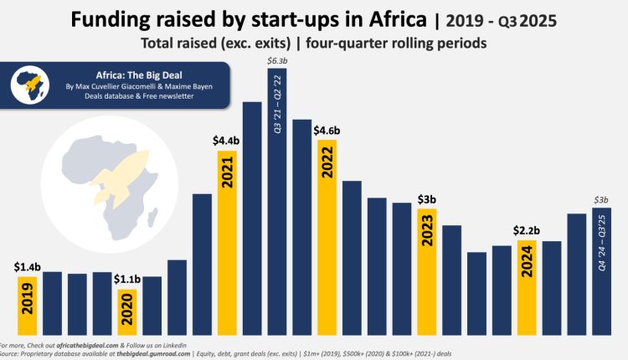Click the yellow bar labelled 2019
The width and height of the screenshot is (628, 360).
(27, 306)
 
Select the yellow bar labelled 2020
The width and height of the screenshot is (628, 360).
(126, 311)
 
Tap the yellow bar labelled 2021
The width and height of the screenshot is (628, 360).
(227, 243)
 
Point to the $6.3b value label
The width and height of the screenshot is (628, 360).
(277, 60)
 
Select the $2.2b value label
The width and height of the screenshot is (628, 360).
(527, 230)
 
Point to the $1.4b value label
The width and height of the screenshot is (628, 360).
(27, 266)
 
